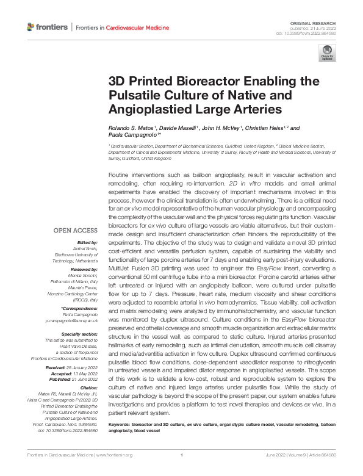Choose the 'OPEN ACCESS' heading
76,231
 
